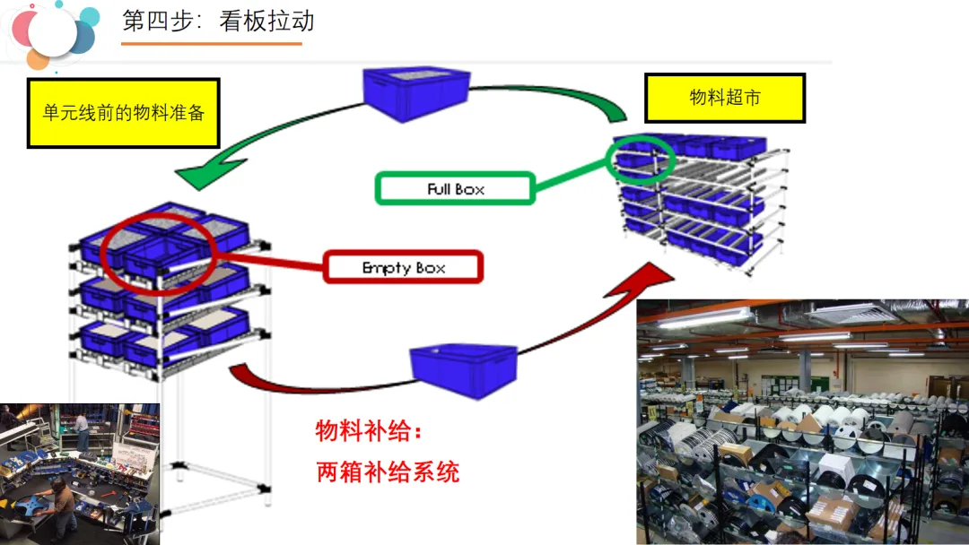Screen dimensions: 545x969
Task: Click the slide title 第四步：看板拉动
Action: [218, 22]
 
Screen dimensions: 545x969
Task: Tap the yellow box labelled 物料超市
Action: [725, 98]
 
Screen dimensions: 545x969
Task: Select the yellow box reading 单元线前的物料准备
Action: [124, 113]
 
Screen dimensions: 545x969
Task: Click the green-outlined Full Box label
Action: [456, 188]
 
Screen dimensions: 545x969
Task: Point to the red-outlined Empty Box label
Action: [404, 267]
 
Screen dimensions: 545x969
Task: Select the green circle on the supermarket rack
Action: [641, 159]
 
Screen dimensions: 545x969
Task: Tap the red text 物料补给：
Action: [368, 431]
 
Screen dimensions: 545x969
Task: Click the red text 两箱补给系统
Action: [388, 471]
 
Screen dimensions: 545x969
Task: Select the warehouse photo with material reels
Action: [802, 422]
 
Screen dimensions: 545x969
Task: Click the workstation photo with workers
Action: [80, 473]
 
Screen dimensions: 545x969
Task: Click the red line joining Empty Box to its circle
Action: [269, 262]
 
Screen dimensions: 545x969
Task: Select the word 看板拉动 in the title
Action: [266, 22]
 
